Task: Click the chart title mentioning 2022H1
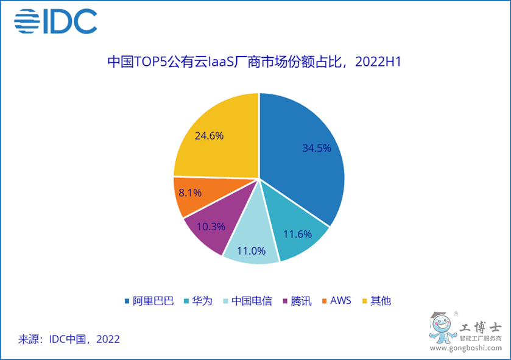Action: (256, 63)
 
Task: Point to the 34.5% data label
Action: (317, 148)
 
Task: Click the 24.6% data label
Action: (209, 135)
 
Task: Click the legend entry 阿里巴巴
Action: (149, 301)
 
